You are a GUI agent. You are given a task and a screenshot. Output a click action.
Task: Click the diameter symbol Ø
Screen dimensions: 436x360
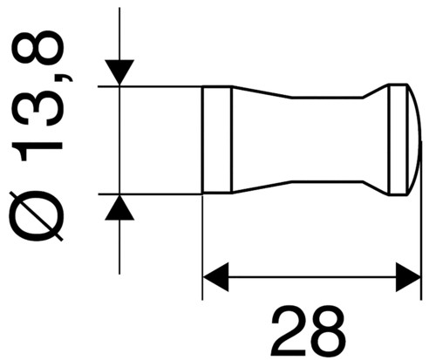coord(37,216)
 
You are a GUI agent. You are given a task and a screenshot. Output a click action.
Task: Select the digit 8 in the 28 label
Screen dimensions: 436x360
coord(327,331)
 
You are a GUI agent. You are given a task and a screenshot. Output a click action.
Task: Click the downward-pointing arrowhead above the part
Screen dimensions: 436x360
coord(119,72)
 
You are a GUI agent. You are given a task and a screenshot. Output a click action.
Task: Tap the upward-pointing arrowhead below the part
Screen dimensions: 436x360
coord(119,207)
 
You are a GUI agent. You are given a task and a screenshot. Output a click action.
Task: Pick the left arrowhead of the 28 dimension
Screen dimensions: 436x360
coord(215,277)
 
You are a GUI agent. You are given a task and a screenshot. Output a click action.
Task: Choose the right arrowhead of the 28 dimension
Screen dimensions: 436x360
coord(408,277)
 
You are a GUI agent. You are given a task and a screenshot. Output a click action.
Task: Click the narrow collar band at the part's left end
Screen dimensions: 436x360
coord(217,139)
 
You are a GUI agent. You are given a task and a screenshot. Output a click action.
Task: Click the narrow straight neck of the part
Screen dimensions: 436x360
coord(327,139)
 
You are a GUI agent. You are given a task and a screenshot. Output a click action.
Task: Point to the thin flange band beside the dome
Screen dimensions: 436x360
coord(399,139)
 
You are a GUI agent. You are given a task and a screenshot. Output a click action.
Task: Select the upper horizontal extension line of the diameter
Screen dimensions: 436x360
coord(150,86)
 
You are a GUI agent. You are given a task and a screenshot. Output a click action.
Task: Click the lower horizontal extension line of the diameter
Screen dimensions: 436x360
coord(150,194)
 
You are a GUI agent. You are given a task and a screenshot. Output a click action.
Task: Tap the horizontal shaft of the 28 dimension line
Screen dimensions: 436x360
coord(312,277)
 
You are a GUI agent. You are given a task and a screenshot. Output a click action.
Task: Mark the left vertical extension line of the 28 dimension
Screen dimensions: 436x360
coord(202,247)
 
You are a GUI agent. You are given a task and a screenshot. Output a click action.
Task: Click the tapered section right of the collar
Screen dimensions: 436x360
coord(262,139)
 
